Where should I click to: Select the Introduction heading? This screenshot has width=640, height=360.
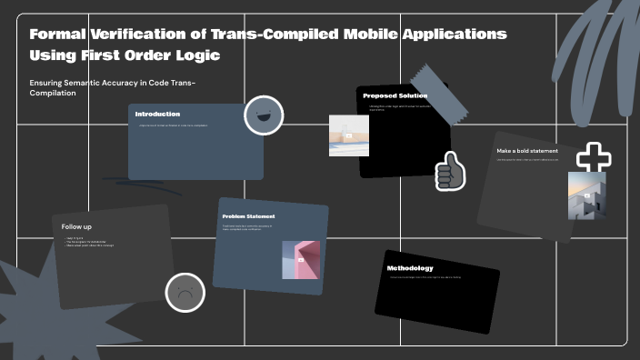tap(157, 114)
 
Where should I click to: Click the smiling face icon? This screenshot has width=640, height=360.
tap(264, 115)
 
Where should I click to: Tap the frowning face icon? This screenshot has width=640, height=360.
tap(185, 293)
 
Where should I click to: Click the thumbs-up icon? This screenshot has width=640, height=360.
tap(450, 171)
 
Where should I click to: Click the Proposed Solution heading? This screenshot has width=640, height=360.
tap(395, 95)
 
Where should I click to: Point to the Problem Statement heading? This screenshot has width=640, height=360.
tap(248, 216)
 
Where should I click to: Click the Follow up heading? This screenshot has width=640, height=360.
tap(76, 226)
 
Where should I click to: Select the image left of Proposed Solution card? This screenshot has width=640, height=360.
tap(348, 135)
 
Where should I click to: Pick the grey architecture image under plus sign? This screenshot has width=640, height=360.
tap(586, 195)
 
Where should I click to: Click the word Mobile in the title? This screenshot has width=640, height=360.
tap(329, 35)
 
